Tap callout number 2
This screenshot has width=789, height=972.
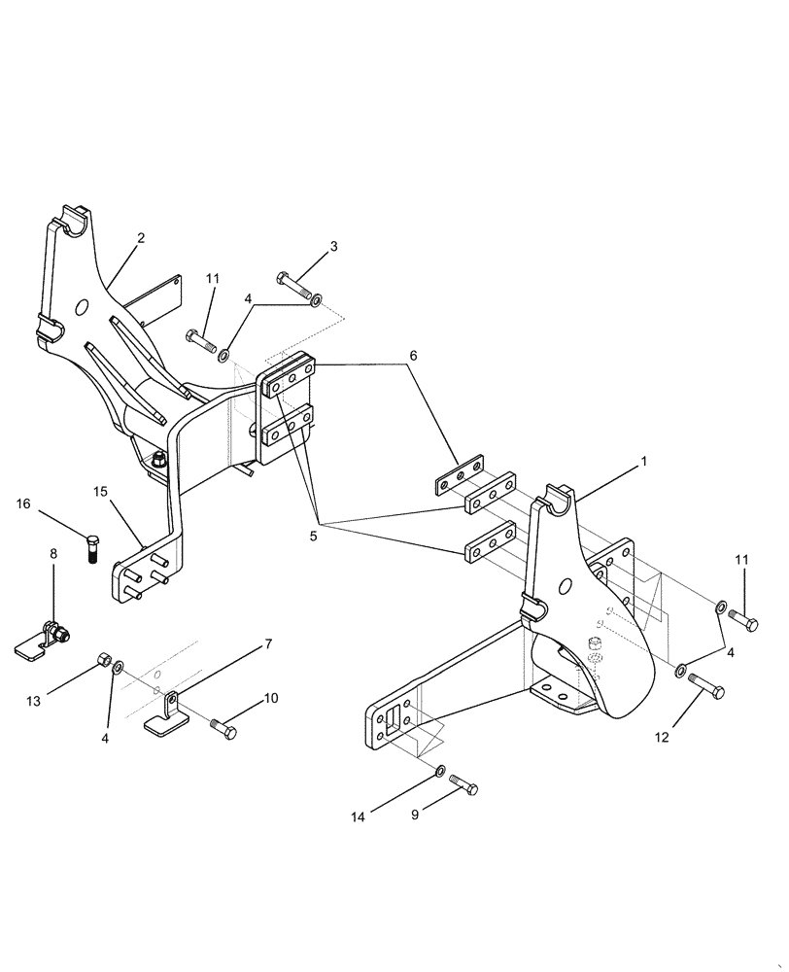click(x=141, y=237)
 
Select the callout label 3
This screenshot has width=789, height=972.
click(x=333, y=246)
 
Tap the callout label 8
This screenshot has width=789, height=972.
click(x=53, y=553)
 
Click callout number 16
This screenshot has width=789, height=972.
click(x=22, y=503)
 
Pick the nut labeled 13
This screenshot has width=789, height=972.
click(x=102, y=663)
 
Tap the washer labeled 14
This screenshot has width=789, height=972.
click(x=441, y=771)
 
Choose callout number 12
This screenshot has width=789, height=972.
click(x=662, y=738)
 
